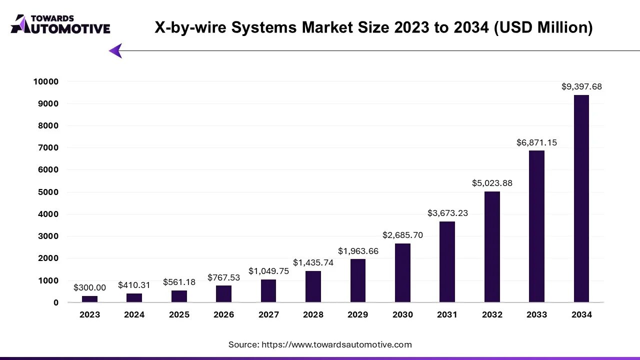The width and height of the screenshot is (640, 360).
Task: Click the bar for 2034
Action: coord(581,198)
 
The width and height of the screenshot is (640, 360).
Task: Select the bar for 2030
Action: coord(402,272)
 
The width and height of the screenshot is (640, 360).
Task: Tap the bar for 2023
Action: coord(89,299)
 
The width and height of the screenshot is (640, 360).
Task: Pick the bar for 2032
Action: coord(492,247)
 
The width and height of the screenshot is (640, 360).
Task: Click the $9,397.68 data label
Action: coord(581,86)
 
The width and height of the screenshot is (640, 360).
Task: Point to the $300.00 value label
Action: coord(89,287)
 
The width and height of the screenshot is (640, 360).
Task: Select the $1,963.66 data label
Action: coord(358,251)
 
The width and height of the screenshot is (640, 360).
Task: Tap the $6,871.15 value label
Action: coord(536,142)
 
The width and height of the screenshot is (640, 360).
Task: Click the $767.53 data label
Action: coord(224,277)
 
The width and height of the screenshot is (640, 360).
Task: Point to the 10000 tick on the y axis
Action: coord(46,81)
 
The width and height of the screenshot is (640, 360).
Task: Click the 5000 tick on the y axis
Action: coord(48,192)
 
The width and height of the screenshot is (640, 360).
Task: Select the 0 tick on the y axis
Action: coord(56,302)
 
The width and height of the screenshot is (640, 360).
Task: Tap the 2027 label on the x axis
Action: coord(268,314)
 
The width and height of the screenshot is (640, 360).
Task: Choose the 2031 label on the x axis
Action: coord(447,314)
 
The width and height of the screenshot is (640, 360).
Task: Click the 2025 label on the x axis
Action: coord(179,314)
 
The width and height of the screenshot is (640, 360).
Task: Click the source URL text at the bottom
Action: coord(320,344)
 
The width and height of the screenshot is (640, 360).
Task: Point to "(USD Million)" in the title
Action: coord(543,27)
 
